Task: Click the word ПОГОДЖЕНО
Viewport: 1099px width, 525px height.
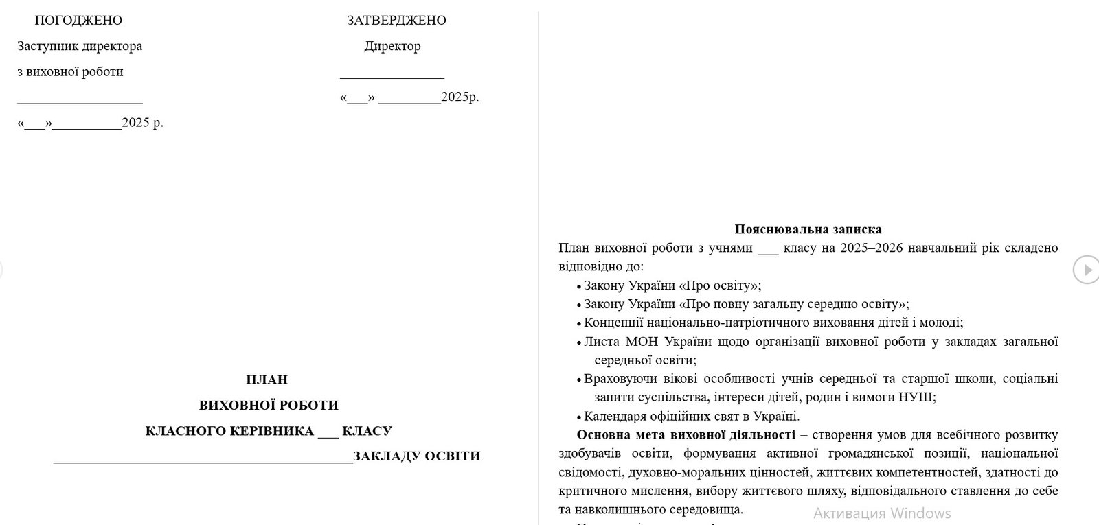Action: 78,21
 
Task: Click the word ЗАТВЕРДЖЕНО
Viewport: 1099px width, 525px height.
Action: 396,21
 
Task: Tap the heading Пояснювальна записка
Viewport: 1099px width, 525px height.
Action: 808,229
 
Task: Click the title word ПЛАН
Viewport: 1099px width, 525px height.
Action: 267,380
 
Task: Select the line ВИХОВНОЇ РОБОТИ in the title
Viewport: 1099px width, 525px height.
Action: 269,405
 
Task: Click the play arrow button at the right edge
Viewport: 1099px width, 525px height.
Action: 1086,269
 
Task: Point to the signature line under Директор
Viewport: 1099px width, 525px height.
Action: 392,78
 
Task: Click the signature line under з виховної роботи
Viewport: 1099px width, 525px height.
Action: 80,102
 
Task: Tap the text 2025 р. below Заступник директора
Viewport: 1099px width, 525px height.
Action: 142,124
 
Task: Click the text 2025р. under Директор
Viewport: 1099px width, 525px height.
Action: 460,97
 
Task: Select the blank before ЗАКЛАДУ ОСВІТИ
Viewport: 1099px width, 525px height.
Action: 203,460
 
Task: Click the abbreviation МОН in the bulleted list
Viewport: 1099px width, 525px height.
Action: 640,341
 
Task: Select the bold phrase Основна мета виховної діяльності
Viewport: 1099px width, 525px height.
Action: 686,434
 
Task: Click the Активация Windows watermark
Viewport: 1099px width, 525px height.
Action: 882,513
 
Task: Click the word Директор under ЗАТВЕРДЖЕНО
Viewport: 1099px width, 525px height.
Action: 392,47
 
